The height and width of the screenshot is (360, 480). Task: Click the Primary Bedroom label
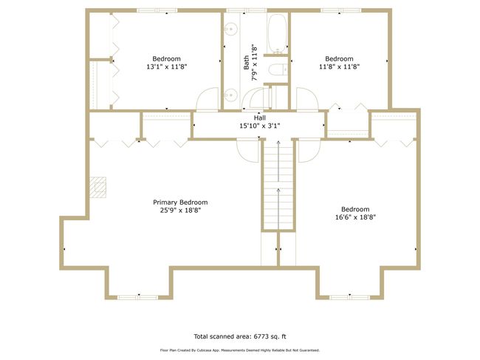(180, 203)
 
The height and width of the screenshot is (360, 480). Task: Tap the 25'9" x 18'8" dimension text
(180, 211)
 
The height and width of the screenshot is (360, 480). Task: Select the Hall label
(260, 118)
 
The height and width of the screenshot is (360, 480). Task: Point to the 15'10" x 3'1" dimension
(260, 126)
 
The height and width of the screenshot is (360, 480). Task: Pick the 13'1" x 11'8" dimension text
(167, 67)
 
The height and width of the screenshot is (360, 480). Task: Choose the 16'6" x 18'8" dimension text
(355, 217)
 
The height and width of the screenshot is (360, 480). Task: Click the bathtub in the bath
(278, 33)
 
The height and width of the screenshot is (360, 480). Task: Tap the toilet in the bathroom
(278, 69)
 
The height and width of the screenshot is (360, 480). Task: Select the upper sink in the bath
(230, 30)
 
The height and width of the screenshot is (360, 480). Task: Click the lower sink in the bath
(230, 95)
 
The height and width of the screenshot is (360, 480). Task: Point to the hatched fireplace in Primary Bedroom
(97, 187)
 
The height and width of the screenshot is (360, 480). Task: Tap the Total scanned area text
(240, 336)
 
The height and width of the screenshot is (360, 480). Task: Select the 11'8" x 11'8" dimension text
(339, 67)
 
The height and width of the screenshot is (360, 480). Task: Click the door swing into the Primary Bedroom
(248, 150)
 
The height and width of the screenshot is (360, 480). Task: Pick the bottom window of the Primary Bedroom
(138, 297)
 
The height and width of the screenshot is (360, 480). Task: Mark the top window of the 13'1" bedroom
(157, 10)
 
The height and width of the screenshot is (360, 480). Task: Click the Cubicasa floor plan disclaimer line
(240, 350)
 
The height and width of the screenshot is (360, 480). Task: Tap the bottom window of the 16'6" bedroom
(349, 297)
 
